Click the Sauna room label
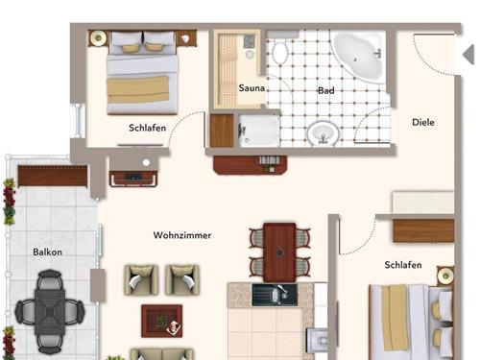pyautogui.click(x=252, y=87)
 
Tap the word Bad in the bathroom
pyautogui.click(x=326, y=90)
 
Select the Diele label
pyautogui.click(x=423, y=122)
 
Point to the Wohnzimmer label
pyautogui.click(x=182, y=235)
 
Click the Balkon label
pyautogui.click(x=47, y=252)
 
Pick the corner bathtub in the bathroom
pyautogui.click(x=359, y=57)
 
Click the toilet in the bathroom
pyautogui.click(x=280, y=53)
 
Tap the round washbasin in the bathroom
pyautogui.click(x=323, y=133)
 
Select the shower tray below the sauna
pyautogui.click(x=258, y=131)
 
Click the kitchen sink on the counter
pyautogui.click(x=275, y=295)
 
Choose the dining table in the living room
pyautogui.click(x=279, y=252)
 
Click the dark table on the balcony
pyautogui.click(x=50, y=312)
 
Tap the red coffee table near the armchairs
pyautogui.click(x=162, y=321)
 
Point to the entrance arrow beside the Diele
pyautogui.click(x=468, y=55)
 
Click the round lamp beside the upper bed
pyautogui.click(x=98, y=38)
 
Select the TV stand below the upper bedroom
pyautogui.click(x=133, y=179)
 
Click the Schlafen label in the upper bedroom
pyautogui.click(x=148, y=128)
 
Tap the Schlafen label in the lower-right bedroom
pyautogui.click(x=403, y=265)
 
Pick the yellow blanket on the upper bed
pyautogui.click(x=138, y=89)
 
